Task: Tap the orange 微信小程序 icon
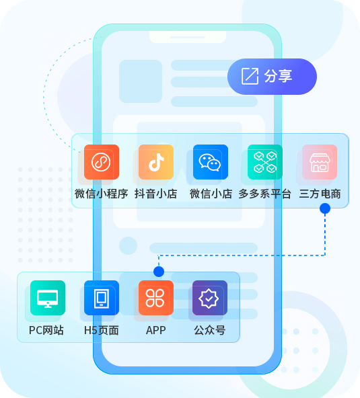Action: [x=102, y=162]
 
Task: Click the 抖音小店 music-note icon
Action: [x=156, y=162]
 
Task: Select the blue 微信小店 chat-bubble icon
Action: [x=211, y=162]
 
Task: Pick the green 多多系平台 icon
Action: [x=265, y=162]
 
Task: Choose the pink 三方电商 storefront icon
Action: [x=320, y=162]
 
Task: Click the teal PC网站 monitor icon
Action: [x=48, y=298]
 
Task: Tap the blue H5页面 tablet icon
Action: [x=102, y=298]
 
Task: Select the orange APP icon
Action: [x=156, y=298]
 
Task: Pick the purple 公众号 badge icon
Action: [x=210, y=298]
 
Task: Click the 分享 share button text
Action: [x=278, y=76]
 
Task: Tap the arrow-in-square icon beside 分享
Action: [x=250, y=76]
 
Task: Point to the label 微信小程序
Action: [x=102, y=194]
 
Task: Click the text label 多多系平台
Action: [x=264, y=194]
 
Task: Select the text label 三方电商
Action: [x=320, y=194]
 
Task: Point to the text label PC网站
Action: [x=46, y=330]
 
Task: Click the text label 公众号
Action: [x=210, y=330]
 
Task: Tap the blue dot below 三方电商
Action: [x=325, y=208]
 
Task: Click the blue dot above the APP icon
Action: [x=159, y=272]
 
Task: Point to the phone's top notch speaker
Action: [x=188, y=38]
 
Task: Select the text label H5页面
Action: [x=102, y=330]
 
